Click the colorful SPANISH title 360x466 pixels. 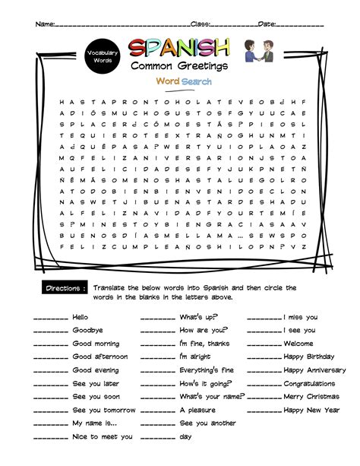point(178,48)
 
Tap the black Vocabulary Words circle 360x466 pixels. point(102,55)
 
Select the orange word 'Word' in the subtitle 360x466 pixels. point(167,81)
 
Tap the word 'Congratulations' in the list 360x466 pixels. point(309,384)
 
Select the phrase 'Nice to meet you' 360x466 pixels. point(102,437)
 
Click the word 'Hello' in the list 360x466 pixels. point(81,317)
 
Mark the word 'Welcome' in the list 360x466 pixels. point(299,344)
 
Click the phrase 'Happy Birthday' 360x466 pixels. point(308,357)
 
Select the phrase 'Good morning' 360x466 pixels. point(95,344)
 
